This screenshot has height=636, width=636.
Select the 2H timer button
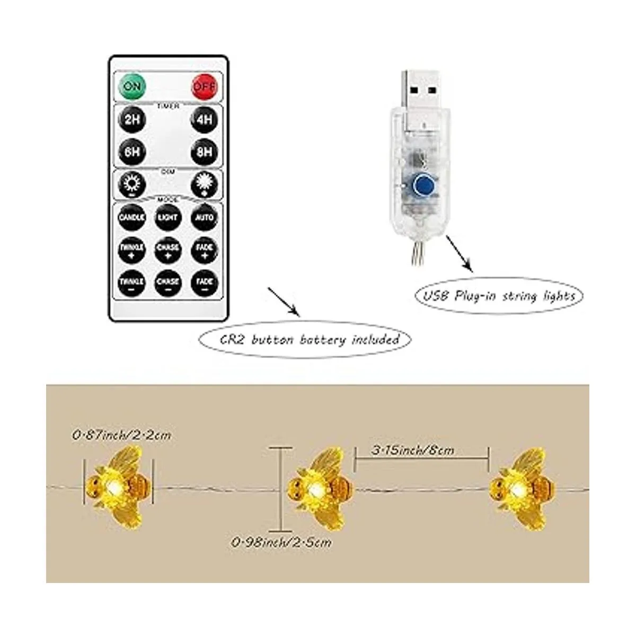[x=132, y=120]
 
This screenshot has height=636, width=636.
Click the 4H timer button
[x=204, y=120]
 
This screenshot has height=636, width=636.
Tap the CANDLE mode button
[x=132, y=217]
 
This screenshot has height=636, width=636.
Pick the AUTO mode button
[x=204, y=217]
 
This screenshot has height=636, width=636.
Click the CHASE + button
[x=168, y=250]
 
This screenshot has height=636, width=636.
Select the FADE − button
[x=204, y=283]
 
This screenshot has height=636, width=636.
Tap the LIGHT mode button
[x=168, y=217]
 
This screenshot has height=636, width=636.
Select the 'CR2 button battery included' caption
[x=304, y=339]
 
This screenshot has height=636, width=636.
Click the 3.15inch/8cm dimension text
[x=413, y=450]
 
